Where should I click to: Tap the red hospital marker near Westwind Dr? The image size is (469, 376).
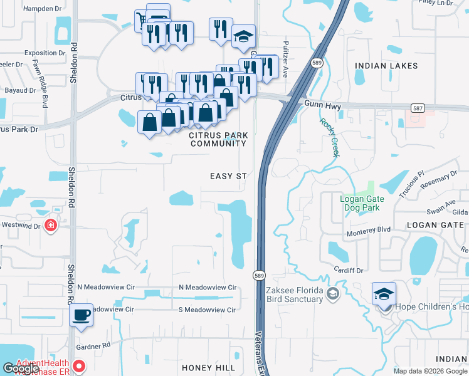(x=51, y=226)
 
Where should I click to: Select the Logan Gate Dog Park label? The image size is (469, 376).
(x=369, y=203)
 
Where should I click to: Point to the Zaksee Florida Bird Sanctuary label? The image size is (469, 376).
(x=294, y=295)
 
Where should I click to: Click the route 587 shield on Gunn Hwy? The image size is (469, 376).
(x=418, y=108)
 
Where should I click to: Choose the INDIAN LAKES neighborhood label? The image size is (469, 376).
(x=382, y=65)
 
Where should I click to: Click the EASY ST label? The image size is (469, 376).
(x=228, y=177)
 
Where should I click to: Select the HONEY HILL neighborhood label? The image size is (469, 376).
(x=209, y=367)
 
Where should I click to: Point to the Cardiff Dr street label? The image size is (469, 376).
(x=349, y=271)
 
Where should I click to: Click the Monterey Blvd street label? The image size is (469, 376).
(x=369, y=230)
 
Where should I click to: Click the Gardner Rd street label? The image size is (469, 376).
(x=93, y=345)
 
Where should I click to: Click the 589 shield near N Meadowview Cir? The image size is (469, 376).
(x=258, y=275)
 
